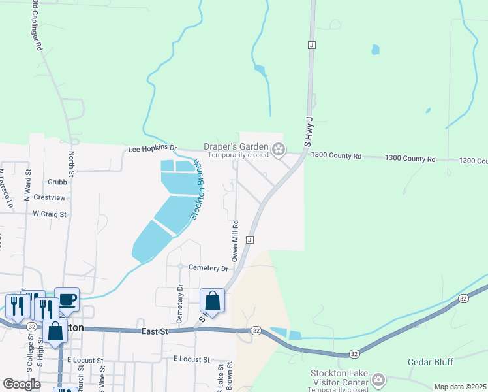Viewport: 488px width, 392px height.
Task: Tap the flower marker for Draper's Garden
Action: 279,150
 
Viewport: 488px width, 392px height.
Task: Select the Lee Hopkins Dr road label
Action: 152,149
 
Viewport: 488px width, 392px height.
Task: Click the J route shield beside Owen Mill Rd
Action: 250,240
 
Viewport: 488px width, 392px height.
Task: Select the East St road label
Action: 155,332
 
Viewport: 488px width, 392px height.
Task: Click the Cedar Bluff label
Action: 430,362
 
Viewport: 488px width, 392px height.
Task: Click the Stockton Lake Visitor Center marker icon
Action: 378,379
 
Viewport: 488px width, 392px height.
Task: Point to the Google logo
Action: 22,384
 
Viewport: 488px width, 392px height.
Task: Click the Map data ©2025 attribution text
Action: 460,387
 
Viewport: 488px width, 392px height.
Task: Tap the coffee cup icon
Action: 67,300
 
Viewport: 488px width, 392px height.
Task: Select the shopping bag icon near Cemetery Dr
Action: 212,301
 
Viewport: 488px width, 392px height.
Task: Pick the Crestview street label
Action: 50,197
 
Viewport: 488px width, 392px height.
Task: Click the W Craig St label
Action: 50,214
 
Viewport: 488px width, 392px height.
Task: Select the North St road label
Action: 72,164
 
